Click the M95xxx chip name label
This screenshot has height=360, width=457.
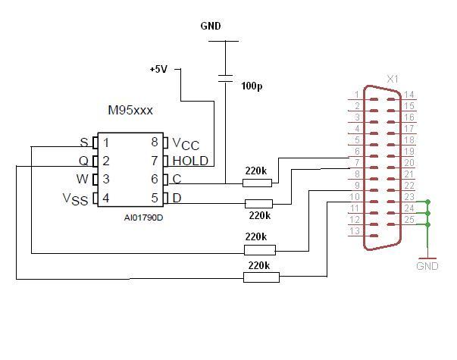[130, 110]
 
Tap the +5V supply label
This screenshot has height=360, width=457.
[158, 70]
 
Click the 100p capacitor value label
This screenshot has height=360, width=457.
[252, 86]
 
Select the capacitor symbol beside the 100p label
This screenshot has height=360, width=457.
[225, 78]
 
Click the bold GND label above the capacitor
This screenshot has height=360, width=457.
[211, 26]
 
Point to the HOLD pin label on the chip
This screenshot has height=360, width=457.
[190, 161]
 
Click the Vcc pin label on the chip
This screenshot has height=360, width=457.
[186, 144]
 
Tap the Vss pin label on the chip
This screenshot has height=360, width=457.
[75, 199]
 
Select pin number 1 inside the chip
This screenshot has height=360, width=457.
[106, 142]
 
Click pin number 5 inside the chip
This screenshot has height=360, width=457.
[155, 199]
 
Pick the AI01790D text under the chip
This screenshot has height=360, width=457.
[143, 218]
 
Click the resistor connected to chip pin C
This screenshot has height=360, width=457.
[257, 183]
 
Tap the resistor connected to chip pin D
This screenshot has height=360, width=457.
[258, 204]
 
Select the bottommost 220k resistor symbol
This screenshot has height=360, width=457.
[261, 277]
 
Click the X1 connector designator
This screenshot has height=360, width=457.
[393, 79]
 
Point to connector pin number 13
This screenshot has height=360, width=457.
[355, 231]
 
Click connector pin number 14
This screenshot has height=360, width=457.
[409, 95]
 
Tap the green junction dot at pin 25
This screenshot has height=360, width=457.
[428, 225]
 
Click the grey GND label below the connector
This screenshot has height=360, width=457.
[427, 266]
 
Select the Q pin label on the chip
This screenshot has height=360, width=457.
[83, 161]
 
